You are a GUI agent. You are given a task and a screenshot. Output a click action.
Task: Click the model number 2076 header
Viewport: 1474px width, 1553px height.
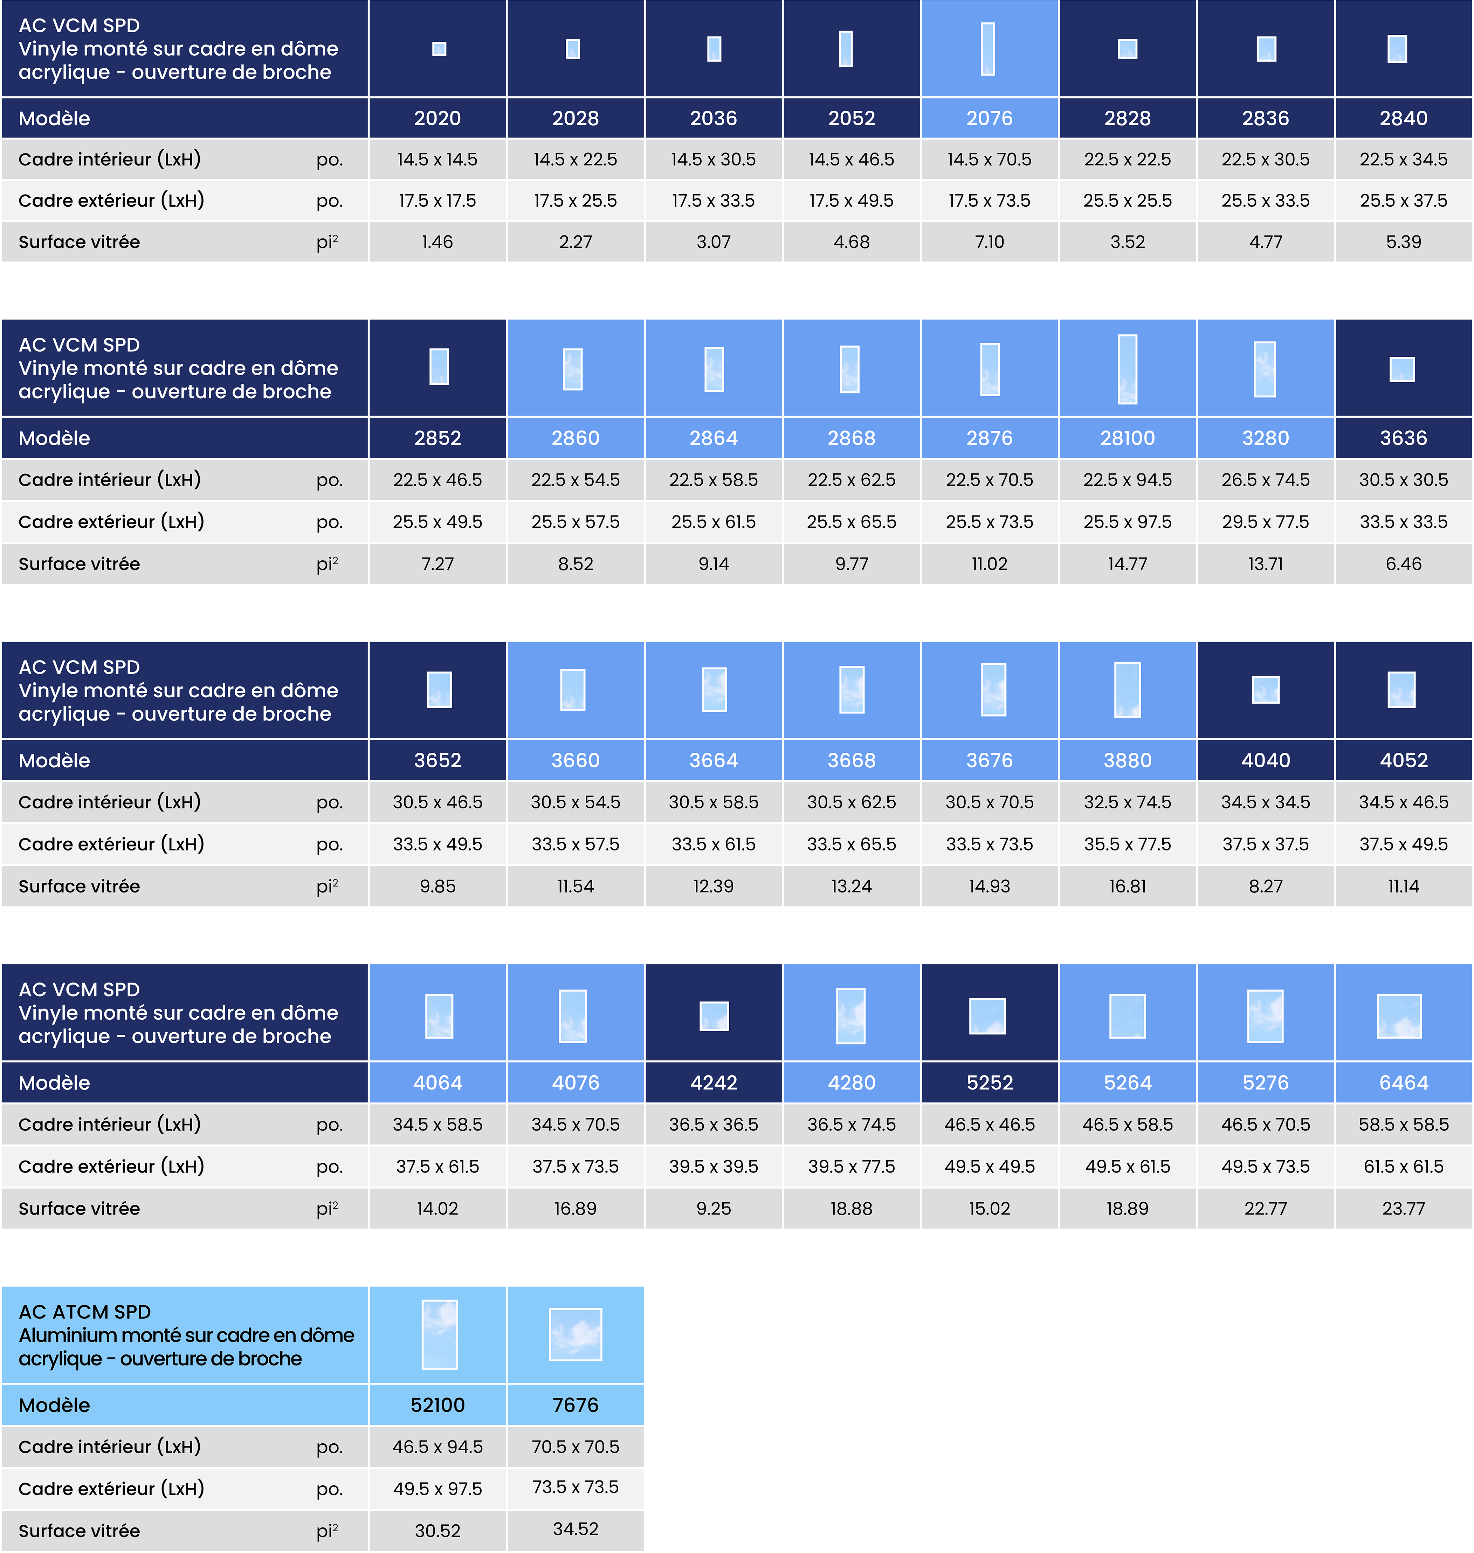point(989,119)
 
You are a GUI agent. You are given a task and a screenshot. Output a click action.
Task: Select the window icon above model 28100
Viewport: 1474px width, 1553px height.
point(1128,369)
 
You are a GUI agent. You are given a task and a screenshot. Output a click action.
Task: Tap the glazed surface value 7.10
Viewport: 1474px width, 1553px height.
point(989,242)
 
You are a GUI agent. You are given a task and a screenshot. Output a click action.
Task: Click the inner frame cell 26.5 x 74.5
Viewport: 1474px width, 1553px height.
point(1265,479)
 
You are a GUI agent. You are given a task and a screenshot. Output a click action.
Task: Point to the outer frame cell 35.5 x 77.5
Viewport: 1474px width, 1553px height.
point(1128,844)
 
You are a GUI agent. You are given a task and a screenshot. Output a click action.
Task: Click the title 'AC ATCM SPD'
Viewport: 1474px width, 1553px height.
point(85,1312)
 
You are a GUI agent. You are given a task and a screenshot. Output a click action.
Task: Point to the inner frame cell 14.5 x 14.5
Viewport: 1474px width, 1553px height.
point(438,159)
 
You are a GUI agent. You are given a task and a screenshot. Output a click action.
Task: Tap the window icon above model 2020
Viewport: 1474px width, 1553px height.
point(439,49)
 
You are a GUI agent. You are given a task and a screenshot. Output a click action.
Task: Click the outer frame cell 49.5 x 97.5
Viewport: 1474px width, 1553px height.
point(438,1489)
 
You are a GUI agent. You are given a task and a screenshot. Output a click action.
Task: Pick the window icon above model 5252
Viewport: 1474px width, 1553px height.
point(988,1015)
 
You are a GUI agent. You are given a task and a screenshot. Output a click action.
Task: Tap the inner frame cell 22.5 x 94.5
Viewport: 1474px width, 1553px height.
point(1128,479)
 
